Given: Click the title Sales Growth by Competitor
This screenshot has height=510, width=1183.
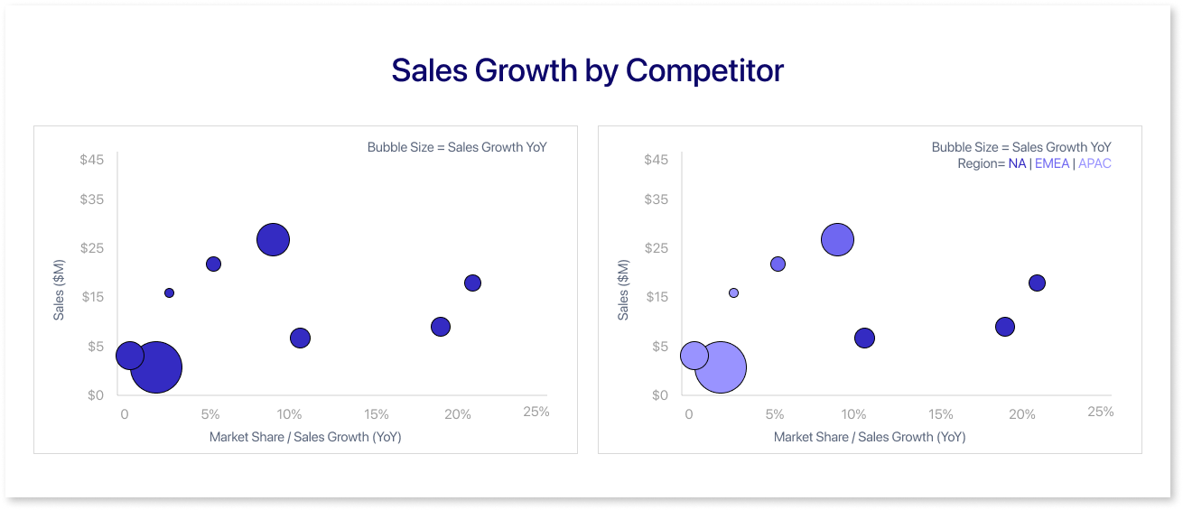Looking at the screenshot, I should tap(587, 70).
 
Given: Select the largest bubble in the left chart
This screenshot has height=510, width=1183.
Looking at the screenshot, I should tap(156, 367).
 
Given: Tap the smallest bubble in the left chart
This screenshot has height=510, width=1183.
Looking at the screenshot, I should tap(169, 292).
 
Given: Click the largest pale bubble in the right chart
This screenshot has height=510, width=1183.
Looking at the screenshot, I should tap(721, 367).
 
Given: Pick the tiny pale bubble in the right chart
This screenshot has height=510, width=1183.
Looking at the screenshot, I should tap(733, 292).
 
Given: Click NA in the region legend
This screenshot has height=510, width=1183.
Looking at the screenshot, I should tap(1017, 164).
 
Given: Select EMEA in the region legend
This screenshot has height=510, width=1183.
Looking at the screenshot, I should tap(1052, 164).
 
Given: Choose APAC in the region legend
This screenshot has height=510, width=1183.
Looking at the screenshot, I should tap(1095, 164).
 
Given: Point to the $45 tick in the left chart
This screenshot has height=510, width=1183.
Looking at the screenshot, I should tap(92, 160).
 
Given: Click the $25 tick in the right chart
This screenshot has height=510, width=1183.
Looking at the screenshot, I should tap(657, 248).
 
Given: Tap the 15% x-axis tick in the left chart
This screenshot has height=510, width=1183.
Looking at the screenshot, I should tap(376, 414).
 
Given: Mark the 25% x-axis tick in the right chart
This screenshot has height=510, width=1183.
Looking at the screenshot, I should tap(1100, 412).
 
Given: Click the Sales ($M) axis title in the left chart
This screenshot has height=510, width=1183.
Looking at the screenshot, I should tap(59, 290).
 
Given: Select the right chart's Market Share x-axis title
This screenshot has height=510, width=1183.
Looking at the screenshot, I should tap(869, 437).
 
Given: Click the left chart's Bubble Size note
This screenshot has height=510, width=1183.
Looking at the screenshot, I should tap(457, 147).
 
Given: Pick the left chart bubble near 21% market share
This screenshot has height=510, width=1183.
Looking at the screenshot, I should tap(472, 283).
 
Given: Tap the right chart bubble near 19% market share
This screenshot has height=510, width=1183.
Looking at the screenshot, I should tap(1005, 327).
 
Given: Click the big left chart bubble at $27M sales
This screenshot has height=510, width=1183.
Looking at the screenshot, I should tap(273, 240).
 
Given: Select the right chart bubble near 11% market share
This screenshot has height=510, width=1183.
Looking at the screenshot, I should tap(864, 338).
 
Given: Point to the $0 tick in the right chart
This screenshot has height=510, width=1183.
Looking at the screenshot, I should tap(658, 395).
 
